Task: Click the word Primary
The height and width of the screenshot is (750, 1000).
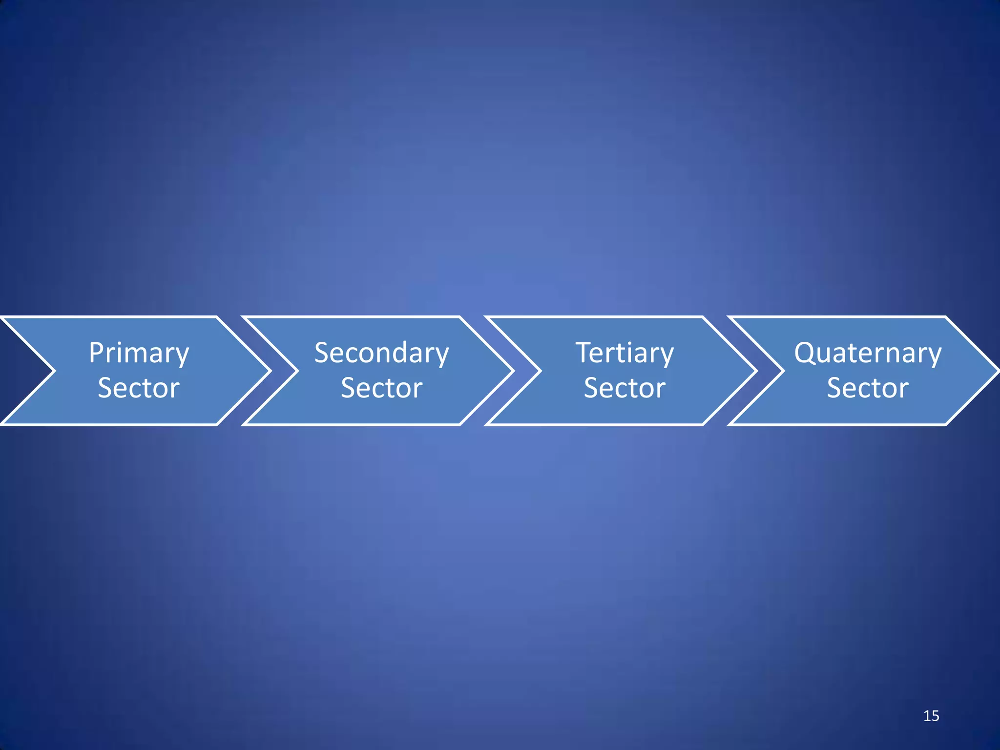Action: (139, 353)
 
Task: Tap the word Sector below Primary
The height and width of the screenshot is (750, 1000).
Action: (139, 388)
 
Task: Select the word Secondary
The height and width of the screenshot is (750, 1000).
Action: (381, 353)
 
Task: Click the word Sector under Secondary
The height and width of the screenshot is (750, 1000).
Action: (381, 388)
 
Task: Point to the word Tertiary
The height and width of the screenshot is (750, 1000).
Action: (625, 353)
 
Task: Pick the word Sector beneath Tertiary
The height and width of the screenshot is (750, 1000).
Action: (625, 388)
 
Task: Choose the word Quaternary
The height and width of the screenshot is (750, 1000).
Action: (868, 353)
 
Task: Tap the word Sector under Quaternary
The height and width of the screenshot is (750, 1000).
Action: (868, 388)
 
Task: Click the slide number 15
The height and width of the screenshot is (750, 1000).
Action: (931, 716)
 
